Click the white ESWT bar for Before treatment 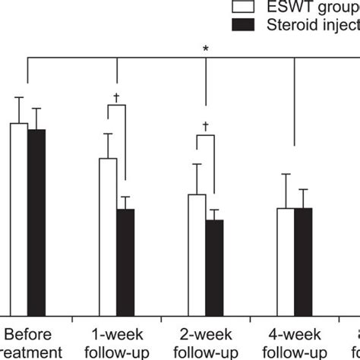point(19,216)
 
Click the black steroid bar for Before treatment point(36,220)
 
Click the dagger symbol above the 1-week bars point(117,97)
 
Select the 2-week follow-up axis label point(205,343)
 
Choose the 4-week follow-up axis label point(294,343)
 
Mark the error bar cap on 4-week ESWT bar point(286,175)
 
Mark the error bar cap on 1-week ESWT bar point(108,134)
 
